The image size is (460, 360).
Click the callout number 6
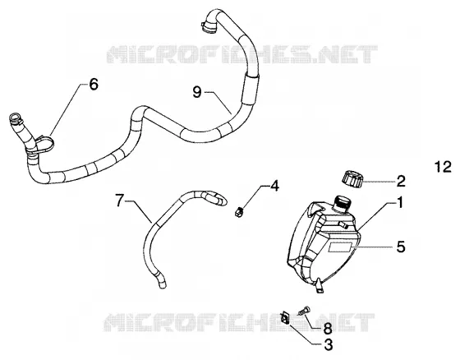[x=94, y=85]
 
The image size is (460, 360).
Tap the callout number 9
[x=197, y=92]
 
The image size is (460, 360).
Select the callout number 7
[x=118, y=201]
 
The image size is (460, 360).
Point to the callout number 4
[x=274, y=186]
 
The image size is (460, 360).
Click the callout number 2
[x=401, y=181]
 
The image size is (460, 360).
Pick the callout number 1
[x=400, y=203]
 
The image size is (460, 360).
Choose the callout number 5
[x=401, y=247]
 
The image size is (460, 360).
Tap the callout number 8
[x=328, y=328]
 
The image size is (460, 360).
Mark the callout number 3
[x=329, y=344]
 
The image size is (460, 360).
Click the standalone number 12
[x=443, y=167]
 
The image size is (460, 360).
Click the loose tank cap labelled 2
[x=352, y=179]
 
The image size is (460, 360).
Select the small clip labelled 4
[x=240, y=211]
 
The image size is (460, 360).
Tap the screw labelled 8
[x=303, y=311]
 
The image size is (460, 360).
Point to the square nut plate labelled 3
[x=285, y=318]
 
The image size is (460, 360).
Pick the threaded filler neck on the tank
[x=342, y=203]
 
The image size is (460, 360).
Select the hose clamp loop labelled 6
[x=44, y=144]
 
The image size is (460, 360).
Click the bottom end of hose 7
[x=162, y=284]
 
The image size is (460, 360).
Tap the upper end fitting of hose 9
[x=209, y=25]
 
